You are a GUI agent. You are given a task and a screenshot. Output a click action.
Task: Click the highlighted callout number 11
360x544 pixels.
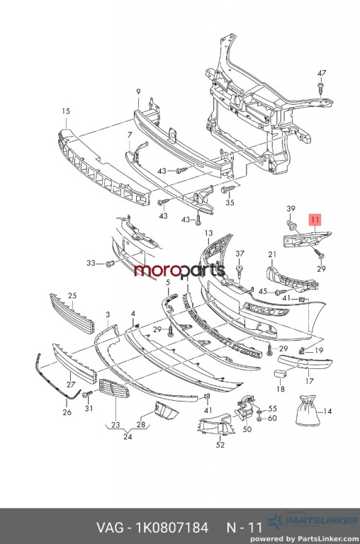(x=315, y=220)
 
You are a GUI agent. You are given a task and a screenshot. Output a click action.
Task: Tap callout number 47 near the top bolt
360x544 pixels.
(x=322, y=73)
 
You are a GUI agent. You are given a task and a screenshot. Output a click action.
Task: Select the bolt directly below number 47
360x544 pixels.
(x=320, y=88)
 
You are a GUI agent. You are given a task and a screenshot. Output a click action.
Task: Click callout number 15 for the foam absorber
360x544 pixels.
(x=66, y=111)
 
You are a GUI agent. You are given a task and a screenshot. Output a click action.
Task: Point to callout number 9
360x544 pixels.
(x=138, y=91)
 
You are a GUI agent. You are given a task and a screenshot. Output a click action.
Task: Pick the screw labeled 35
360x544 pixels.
(x=228, y=189)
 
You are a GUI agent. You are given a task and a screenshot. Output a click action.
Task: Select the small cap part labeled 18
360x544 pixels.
(x=280, y=374)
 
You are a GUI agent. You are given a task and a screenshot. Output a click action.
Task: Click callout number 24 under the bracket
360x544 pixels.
(x=128, y=437)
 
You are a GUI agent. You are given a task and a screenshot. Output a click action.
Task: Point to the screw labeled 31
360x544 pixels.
(x=87, y=394)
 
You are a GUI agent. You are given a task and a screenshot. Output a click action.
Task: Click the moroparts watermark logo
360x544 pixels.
(x=179, y=271)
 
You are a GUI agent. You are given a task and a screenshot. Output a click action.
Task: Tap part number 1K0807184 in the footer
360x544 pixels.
(x=171, y=528)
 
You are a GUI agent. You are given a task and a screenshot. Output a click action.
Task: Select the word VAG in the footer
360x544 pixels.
(x=109, y=528)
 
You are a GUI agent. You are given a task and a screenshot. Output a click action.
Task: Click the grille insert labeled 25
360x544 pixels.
(x=72, y=313)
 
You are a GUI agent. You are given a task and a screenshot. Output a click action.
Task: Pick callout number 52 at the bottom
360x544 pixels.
(x=220, y=444)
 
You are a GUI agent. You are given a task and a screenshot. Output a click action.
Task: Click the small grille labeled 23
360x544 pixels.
(x=114, y=388)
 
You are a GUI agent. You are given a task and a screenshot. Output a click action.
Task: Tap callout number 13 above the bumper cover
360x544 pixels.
(x=208, y=233)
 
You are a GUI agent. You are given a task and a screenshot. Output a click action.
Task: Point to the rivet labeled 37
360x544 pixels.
(x=240, y=270)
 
